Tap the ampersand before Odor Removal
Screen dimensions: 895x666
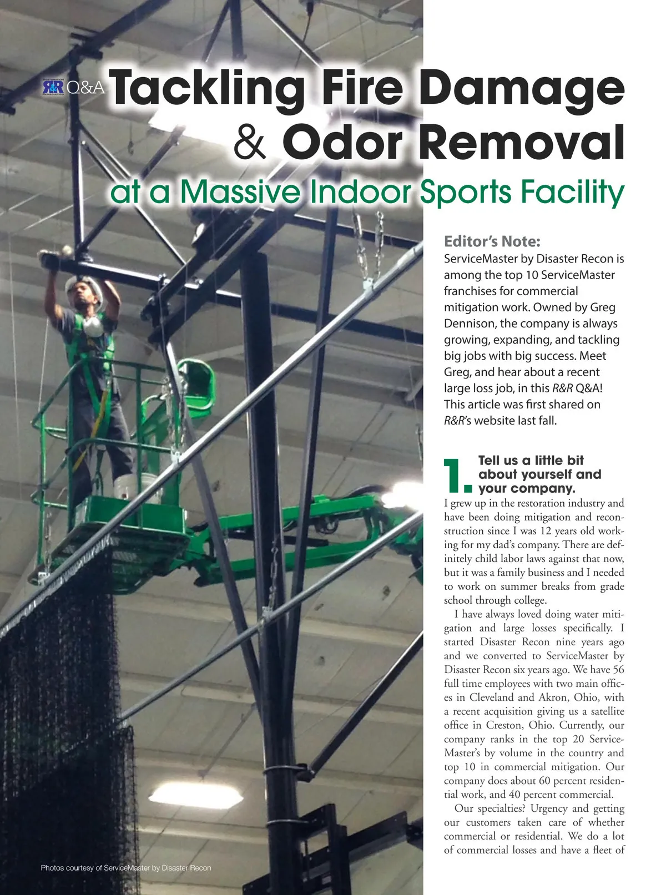(249, 142)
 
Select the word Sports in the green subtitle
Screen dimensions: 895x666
(465, 192)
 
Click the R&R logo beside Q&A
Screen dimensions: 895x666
(53, 87)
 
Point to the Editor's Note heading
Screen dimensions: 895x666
(492, 241)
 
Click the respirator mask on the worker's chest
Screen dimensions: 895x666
(93, 325)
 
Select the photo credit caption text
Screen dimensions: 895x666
(126, 867)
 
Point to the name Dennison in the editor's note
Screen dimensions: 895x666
(469, 323)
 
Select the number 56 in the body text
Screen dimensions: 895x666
(618, 670)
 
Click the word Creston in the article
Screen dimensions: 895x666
(505, 725)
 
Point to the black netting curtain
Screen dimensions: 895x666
(56, 721)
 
